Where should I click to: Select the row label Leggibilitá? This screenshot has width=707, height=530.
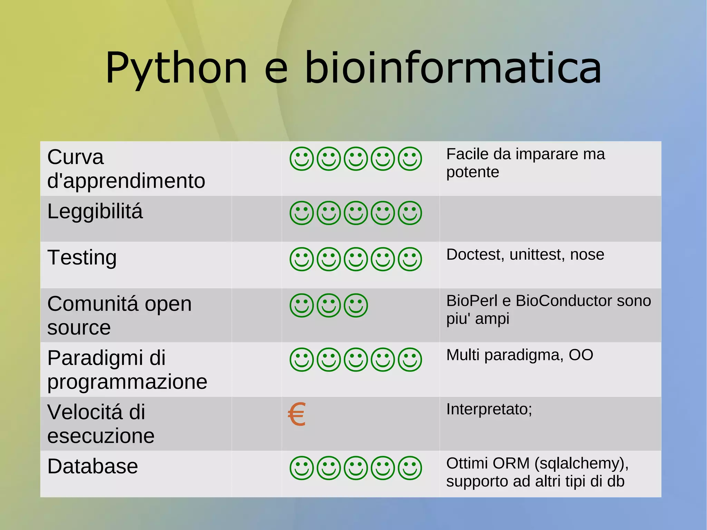(x=95, y=211)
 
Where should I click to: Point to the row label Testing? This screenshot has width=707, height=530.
(x=82, y=258)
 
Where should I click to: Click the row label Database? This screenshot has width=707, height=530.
(x=93, y=466)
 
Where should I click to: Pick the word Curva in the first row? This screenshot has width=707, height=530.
(x=75, y=157)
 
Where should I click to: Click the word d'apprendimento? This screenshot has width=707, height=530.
(x=126, y=181)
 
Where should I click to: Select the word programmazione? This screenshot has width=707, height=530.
(x=127, y=382)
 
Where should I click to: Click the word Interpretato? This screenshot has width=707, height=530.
(x=489, y=409)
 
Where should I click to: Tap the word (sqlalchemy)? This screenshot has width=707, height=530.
(x=581, y=463)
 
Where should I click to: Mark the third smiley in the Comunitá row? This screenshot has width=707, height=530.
(x=356, y=306)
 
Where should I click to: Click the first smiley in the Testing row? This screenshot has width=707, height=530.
(x=302, y=259)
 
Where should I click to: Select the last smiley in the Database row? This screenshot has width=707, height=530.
(x=410, y=468)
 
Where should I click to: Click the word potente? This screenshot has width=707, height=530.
(x=473, y=172)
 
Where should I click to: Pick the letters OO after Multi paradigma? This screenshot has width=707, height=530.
(x=581, y=355)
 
